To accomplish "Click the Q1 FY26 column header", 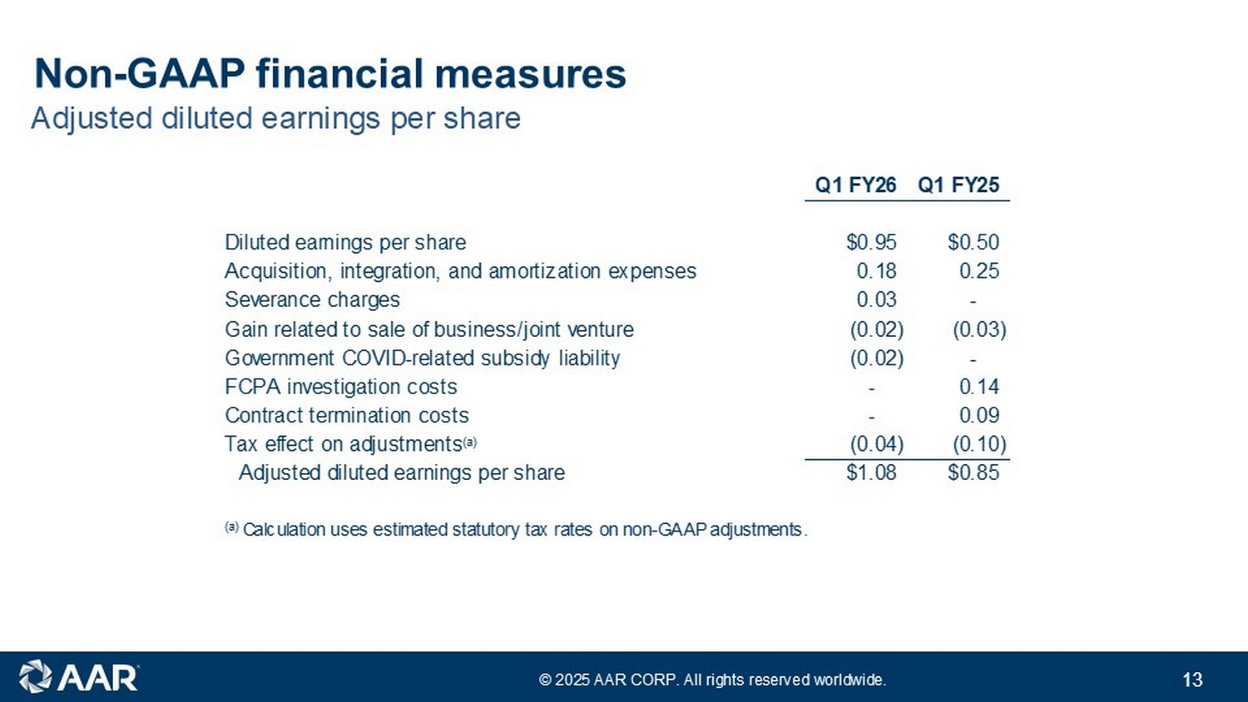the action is [x=856, y=185].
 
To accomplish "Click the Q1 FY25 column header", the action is [x=958, y=185].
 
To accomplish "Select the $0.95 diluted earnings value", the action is [x=871, y=242].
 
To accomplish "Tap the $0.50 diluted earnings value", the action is [x=973, y=242].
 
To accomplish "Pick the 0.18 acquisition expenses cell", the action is [x=876, y=271].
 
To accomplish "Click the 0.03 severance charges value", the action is [x=876, y=299].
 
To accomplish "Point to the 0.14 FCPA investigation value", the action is [x=979, y=387].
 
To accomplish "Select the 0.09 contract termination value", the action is [x=979, y=416].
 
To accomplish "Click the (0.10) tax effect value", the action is [x=979, y=444].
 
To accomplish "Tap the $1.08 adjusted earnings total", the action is [x=871, y=472].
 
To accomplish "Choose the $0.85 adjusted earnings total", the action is [x=973, y=472].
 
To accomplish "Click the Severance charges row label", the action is [x=312, y=299].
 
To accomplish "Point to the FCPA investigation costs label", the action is [x=341, y=387].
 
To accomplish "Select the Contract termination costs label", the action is [x=347, y=416].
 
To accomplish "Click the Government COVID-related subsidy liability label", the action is [x=423, y=358].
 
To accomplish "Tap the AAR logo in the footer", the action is [x=78, y=677].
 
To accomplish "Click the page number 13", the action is [x=1192, y=680].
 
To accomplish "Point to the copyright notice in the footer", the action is [x=712, y=680].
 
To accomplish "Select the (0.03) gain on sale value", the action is [x=979, y=329].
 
